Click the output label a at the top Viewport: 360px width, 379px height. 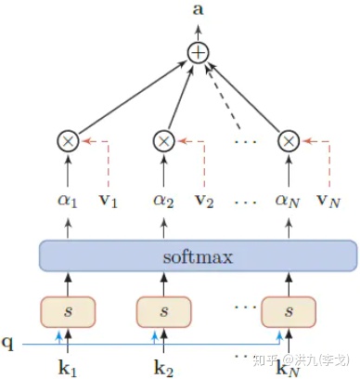point(197,10)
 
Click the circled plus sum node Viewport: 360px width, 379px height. point(197,53)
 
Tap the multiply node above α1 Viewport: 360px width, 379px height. point(67,140)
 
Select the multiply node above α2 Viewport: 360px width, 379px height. point(163,140)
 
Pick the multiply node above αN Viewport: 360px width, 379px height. point(289,140)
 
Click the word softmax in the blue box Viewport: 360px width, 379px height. point(197,255)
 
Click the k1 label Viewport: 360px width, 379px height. point(67,366)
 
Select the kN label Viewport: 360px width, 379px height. point(290,366)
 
